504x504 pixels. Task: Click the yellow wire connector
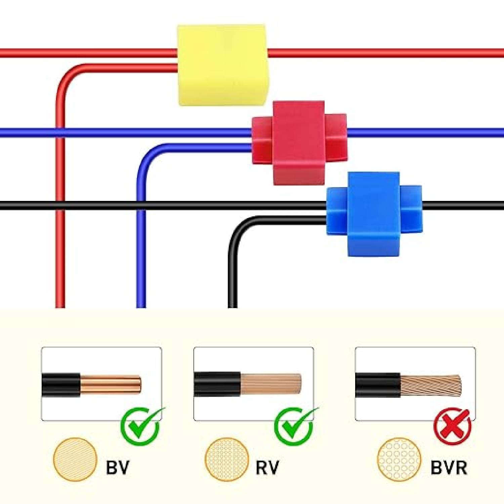[222, 65]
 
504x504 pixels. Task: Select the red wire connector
[299, 143]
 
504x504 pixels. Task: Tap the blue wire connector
[374, 214]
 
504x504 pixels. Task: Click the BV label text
[117, 467]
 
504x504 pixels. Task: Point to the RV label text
[267, 467]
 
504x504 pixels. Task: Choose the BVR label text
[449, 467]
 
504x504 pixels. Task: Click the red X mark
[452, 426]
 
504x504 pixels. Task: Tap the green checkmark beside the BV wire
[140, 426]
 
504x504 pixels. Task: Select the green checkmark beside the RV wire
[294, 426]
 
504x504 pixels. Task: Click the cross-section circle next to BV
[75, 459]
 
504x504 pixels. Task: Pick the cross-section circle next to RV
[227, 459]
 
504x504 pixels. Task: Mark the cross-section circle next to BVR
[399, 459]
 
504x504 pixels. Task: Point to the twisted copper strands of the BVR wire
[431, 385]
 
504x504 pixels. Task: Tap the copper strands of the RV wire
[270, 384]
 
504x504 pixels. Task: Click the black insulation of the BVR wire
[378, 385]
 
